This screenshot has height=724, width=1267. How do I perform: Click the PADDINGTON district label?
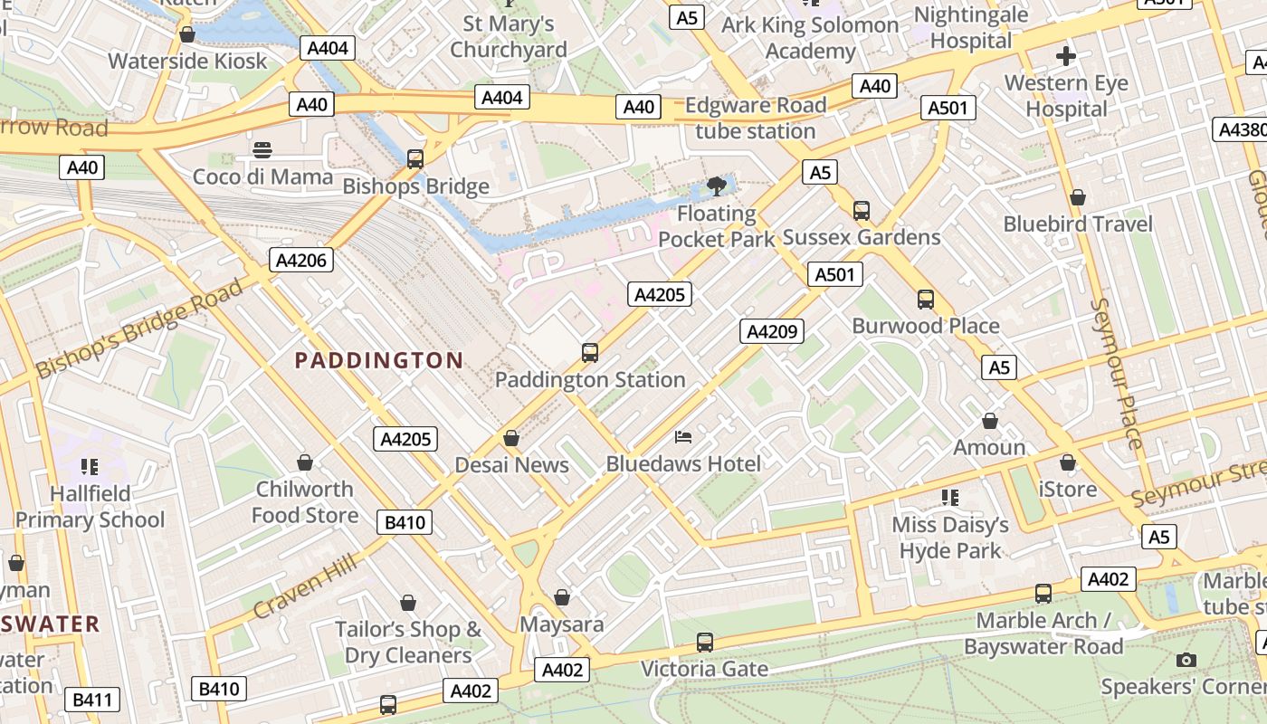pos(379,360)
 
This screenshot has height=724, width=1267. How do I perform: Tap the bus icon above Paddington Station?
pos(590,352)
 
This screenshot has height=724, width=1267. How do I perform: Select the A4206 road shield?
pos(302,261)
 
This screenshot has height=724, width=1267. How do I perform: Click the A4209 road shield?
pos(772,331)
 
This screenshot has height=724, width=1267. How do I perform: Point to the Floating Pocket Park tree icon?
pos(717,186)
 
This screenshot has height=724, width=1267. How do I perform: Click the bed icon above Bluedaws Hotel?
pos(683,437)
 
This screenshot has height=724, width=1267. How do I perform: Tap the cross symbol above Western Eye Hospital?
pos(1066,56)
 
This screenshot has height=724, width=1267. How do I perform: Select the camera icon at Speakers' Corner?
pos(1186,660)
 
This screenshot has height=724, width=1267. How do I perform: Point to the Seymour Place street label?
pos(1119,372)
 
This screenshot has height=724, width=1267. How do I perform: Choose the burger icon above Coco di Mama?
pos(262,149)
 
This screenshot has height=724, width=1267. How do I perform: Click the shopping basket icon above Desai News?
pos(511,438)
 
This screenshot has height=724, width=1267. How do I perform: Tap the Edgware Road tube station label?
pos(755,118)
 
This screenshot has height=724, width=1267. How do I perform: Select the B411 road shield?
pos(92,699)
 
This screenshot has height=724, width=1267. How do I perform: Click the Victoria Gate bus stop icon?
pos(705,643)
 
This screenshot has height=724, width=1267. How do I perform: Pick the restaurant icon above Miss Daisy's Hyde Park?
pos(949,497)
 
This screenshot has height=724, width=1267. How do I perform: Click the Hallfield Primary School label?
pos(90,507)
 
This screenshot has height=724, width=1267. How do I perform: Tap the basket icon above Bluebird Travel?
pos(1078,196)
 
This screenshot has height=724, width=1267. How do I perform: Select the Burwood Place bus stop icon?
pos(926,299)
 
